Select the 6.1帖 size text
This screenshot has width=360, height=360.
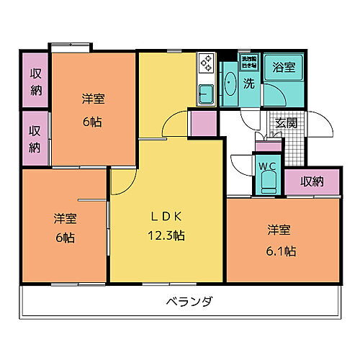281,251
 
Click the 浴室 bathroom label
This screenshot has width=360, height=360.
283,68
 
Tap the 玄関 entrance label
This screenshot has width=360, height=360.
286,123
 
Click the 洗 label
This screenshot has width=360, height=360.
248,83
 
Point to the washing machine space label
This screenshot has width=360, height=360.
248,60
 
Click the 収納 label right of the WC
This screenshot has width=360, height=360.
312,181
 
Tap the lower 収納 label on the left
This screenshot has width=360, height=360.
35,138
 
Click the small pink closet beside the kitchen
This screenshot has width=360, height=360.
203,122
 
